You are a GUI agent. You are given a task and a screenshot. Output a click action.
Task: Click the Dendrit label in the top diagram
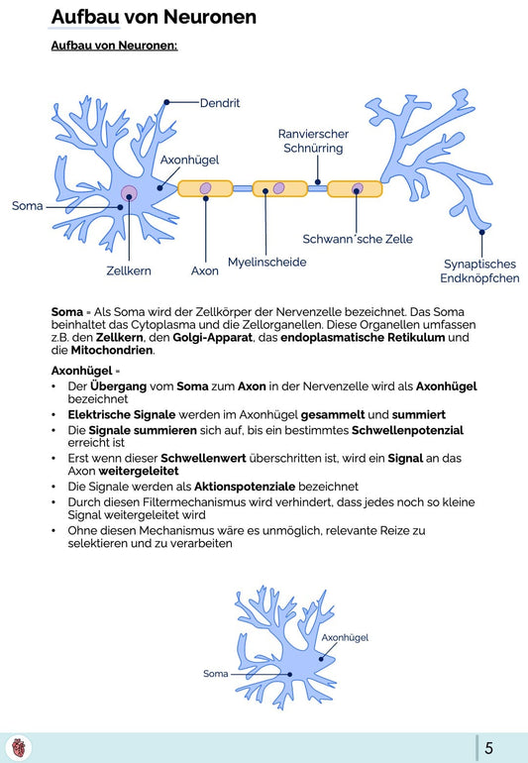click(220, 103)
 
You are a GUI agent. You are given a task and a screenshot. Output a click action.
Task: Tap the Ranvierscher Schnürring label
click(313, 141)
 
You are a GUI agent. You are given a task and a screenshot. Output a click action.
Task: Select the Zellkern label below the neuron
click(129, 272)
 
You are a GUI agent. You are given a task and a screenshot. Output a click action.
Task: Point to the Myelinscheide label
click(267, 263)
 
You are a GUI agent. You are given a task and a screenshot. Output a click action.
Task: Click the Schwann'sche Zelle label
click(358, 239)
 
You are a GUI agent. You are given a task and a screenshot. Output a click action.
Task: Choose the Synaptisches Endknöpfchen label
click(479, 272)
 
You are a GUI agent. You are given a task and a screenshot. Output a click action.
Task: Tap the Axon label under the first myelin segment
click(204, 272)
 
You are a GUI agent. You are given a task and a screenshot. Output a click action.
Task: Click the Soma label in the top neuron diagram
click(28, 206)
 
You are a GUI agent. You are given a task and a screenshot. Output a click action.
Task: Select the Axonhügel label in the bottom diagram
click(345, 637)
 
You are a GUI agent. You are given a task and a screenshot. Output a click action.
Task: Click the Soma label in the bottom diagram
click(216, 674)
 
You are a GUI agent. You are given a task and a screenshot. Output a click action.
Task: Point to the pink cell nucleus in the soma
click(129, 193)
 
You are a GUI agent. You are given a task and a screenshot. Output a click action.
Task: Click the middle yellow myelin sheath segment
click(279, 188)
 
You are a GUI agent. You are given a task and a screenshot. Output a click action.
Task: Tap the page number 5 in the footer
click(489, 747)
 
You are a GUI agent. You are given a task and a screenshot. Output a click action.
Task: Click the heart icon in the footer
click(19, 747)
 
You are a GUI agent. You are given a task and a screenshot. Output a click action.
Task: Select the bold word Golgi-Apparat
click(213, 338)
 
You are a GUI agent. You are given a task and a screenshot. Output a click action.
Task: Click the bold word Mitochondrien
click(112, 351)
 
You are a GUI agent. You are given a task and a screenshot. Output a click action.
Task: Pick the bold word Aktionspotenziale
click(245, 487)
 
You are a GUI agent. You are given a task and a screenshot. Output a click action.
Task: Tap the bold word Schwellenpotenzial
click(407, 430)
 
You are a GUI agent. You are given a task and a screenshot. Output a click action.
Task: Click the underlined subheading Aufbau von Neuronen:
click(114, 46)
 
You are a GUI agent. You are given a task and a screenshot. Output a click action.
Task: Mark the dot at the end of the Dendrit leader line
click(166, 102)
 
